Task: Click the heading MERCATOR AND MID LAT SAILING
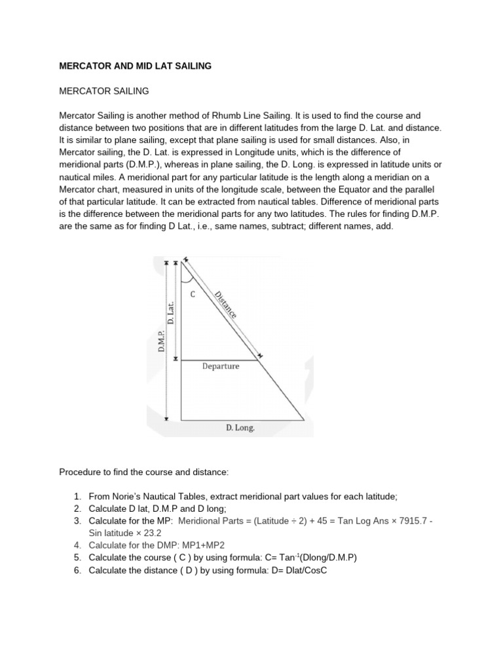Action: tap(136, 66)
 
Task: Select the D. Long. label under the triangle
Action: tap(240, 429)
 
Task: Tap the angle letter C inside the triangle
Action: tap(193, 295)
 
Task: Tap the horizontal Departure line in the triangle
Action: tap(219, 360)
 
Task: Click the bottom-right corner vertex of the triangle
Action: tap(304, 420)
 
